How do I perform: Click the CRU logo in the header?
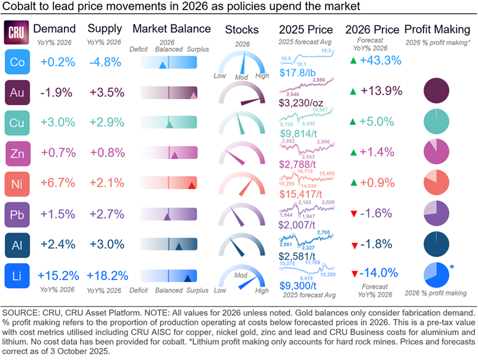tap(14, 32)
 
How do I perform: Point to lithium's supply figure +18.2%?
tap(106, 276)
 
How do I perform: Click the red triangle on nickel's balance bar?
tap(191, 186)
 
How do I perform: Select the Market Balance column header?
tap(171, 29)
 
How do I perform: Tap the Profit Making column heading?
tap(437, 29)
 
